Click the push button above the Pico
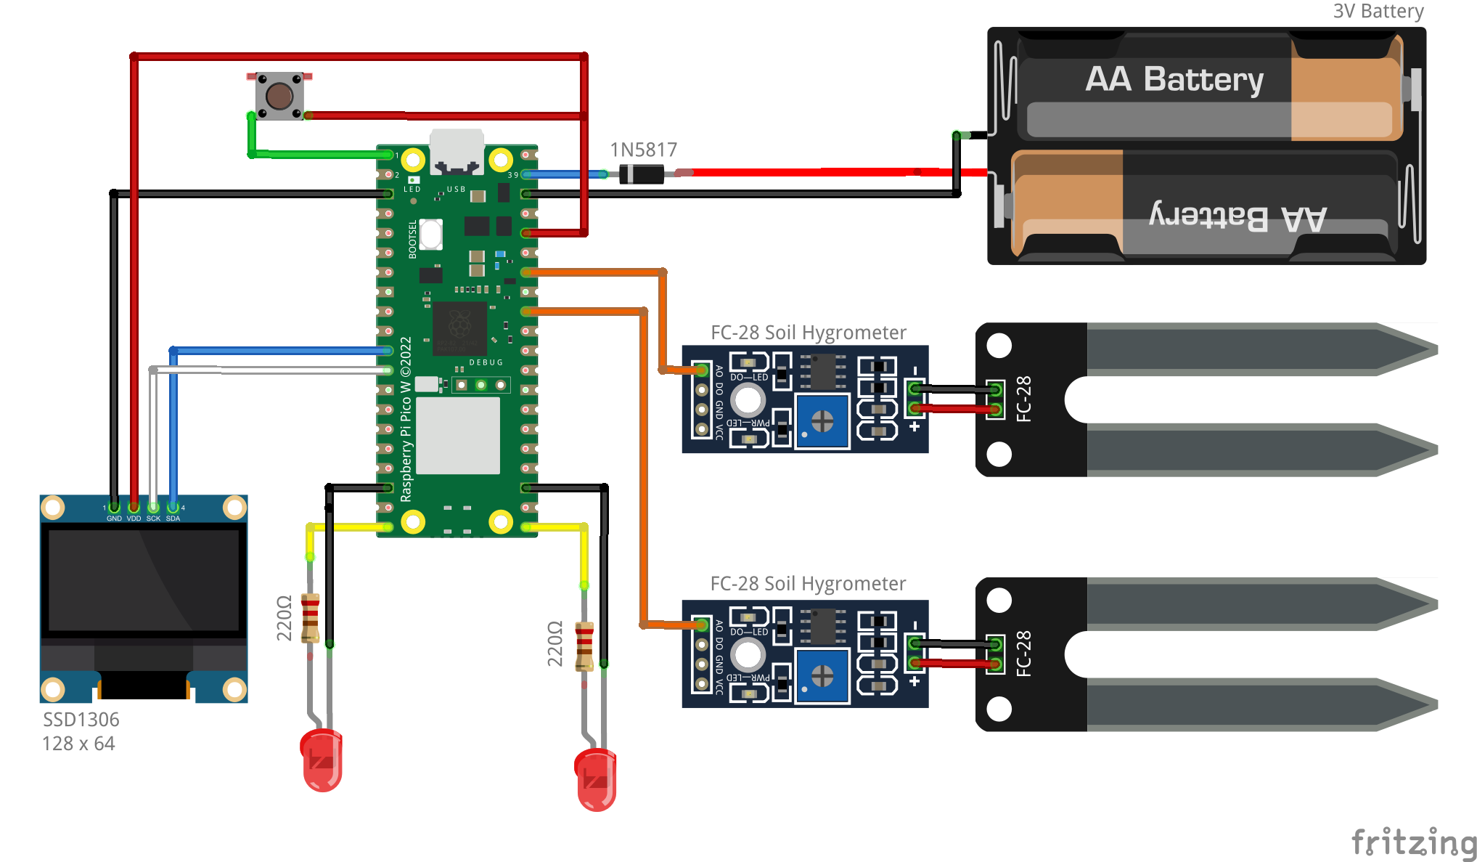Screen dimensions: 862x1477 point(279,95)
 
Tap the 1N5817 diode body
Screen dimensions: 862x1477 point(642,174)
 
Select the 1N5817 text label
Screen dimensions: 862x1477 point(643,150)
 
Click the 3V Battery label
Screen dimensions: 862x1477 point(1378,11)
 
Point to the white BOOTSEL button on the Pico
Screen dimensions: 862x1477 point(431,234)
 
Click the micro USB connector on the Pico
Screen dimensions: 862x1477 point(457,151)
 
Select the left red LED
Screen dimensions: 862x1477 point(321,760)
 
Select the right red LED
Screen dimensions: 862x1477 point(596,779)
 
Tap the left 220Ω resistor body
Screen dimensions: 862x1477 point(310,618)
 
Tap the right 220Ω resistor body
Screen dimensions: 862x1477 point(584,646)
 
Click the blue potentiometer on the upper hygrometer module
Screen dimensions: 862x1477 point(822,421)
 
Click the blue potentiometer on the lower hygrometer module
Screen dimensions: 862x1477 point(822,676)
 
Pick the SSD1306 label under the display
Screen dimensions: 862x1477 point(81,720)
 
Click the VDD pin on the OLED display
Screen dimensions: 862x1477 point(134,507)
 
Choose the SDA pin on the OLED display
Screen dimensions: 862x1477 point(173,507)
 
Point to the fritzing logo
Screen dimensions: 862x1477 point(1413,842)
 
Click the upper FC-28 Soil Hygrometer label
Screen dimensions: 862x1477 point(808,333)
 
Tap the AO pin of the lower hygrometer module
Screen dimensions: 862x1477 point(701,625)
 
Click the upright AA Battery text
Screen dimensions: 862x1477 point(1174,79)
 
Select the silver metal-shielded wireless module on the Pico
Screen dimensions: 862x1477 point(457,435)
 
